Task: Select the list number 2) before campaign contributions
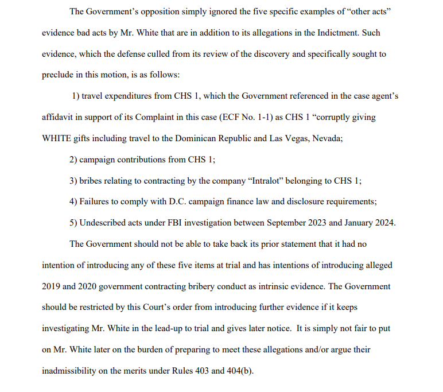(x=73, y=160)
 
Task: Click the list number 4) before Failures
(x=73, y=201)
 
